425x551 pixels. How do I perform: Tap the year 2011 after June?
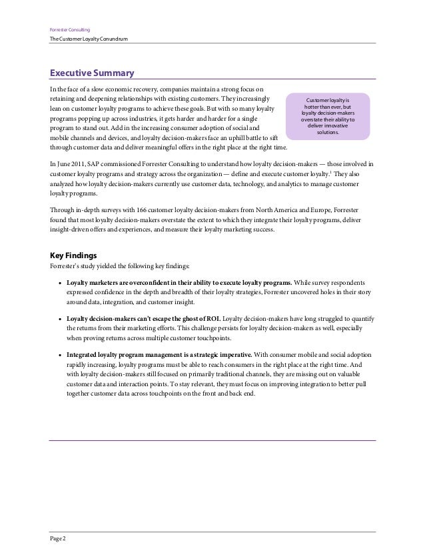coord(82,163)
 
